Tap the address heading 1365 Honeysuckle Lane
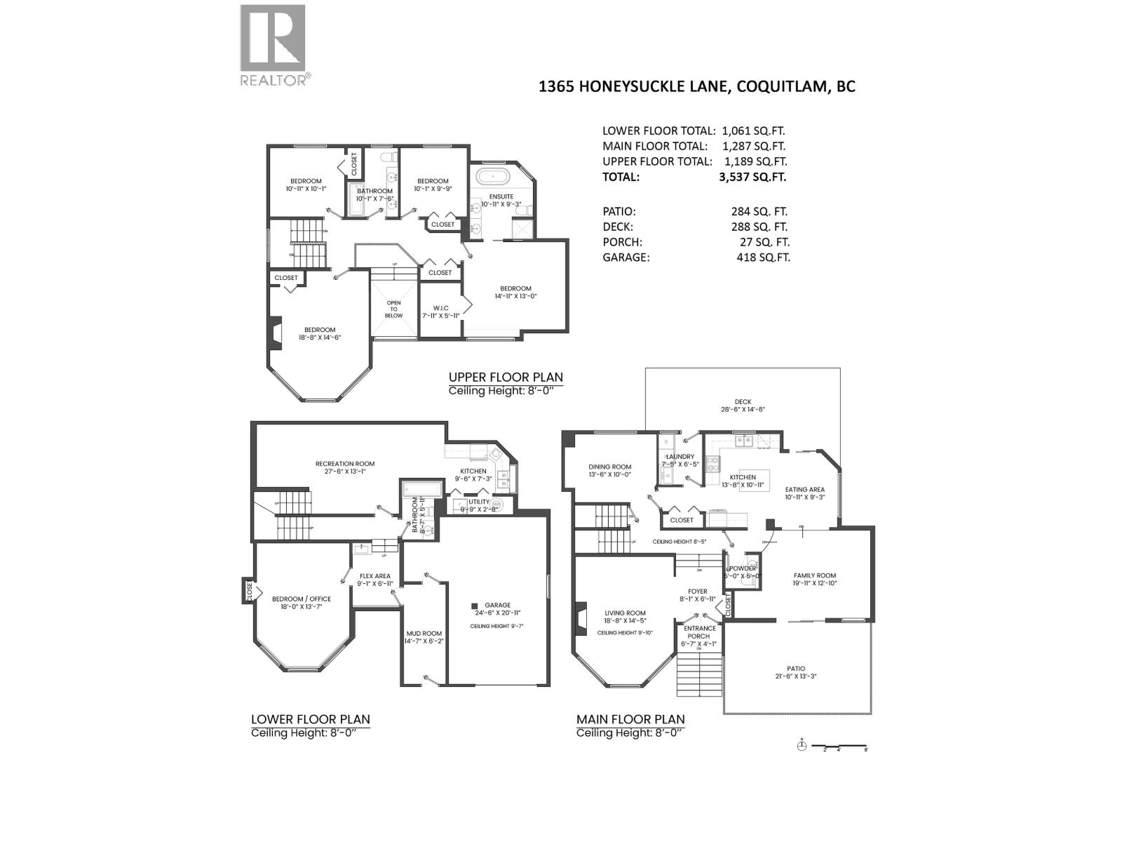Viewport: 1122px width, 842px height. [696, 87]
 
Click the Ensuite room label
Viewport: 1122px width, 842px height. [501, 196]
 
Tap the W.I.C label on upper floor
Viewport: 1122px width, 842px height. [440, 308]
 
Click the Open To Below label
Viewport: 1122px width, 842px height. [393, 309]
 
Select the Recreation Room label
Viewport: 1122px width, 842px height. [345, 464]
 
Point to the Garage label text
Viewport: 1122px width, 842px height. [498, 605]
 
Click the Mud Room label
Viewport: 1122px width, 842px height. [424, 634]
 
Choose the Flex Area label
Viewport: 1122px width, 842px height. [374, 576]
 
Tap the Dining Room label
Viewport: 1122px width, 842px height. [610, 467]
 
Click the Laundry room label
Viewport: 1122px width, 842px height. [681, 457]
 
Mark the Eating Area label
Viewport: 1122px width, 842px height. [804, 490]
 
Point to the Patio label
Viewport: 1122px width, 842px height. [796, 669]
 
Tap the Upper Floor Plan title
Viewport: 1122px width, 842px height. [506, 377]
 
